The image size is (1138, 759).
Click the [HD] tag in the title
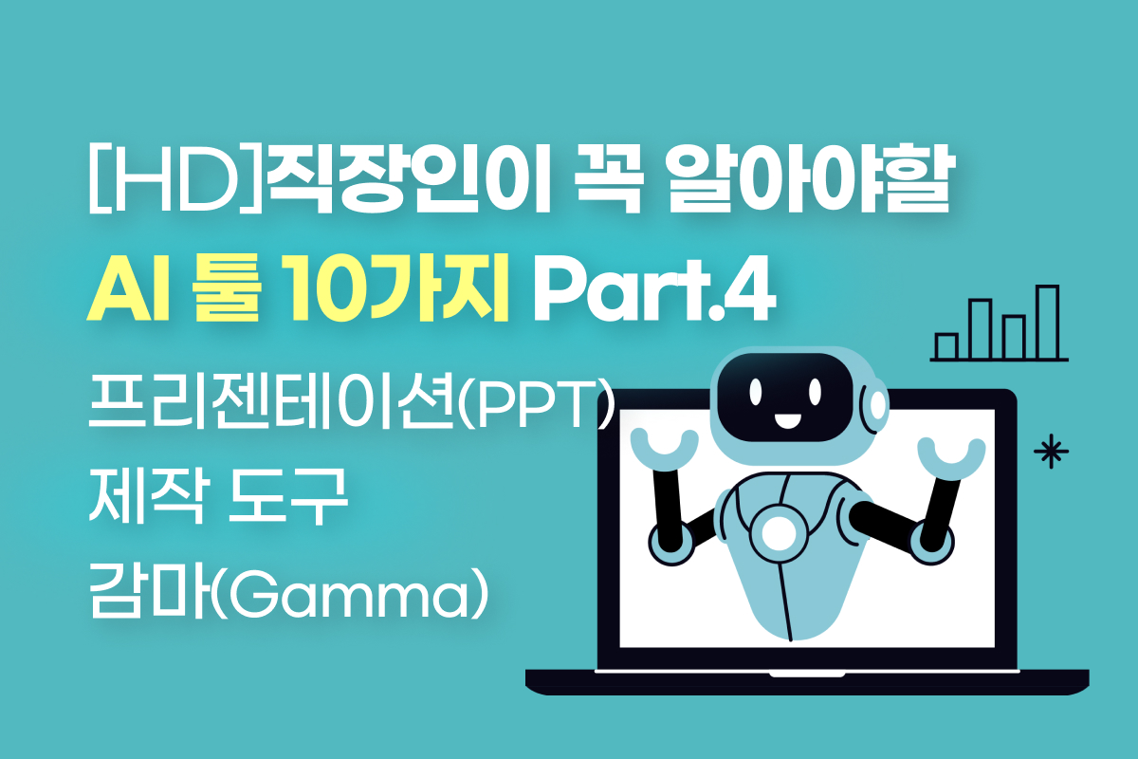(175, 181)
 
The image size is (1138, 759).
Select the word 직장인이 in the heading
(408, 180)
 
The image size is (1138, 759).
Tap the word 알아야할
(809, 179)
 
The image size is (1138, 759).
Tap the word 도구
(287, 496)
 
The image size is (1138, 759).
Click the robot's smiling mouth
(787, 421)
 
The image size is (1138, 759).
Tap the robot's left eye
(756, 392)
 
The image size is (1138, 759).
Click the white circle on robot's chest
(780, 532)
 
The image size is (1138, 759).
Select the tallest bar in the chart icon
(1047, 323)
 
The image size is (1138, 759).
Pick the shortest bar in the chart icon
(946, 346)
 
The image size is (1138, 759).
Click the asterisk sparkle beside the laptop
(1051, 451)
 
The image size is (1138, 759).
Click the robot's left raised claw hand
(664, 449)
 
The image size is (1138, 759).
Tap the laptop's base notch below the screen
(807, 675)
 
